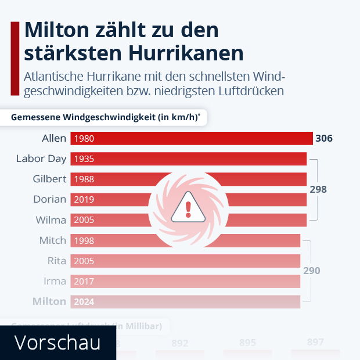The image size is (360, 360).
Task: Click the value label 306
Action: [323, 138]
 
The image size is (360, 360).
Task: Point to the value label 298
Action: [318, 189]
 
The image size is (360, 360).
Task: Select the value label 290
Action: [311, 271]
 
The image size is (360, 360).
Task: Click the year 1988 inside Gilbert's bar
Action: [84, 179]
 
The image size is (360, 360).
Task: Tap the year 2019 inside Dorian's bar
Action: [84, 199]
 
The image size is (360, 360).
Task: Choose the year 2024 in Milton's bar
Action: [84, 301]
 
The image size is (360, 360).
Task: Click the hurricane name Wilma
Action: [51, 219]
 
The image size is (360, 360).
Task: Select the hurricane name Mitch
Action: [52, 240]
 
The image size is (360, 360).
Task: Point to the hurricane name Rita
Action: [56, 261]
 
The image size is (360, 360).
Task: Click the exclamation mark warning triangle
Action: [188, 207]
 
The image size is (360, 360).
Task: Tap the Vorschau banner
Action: [57, 343]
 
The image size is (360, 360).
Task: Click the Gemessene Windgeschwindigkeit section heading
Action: [105, 117]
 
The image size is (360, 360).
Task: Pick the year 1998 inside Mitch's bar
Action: [84, 240]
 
